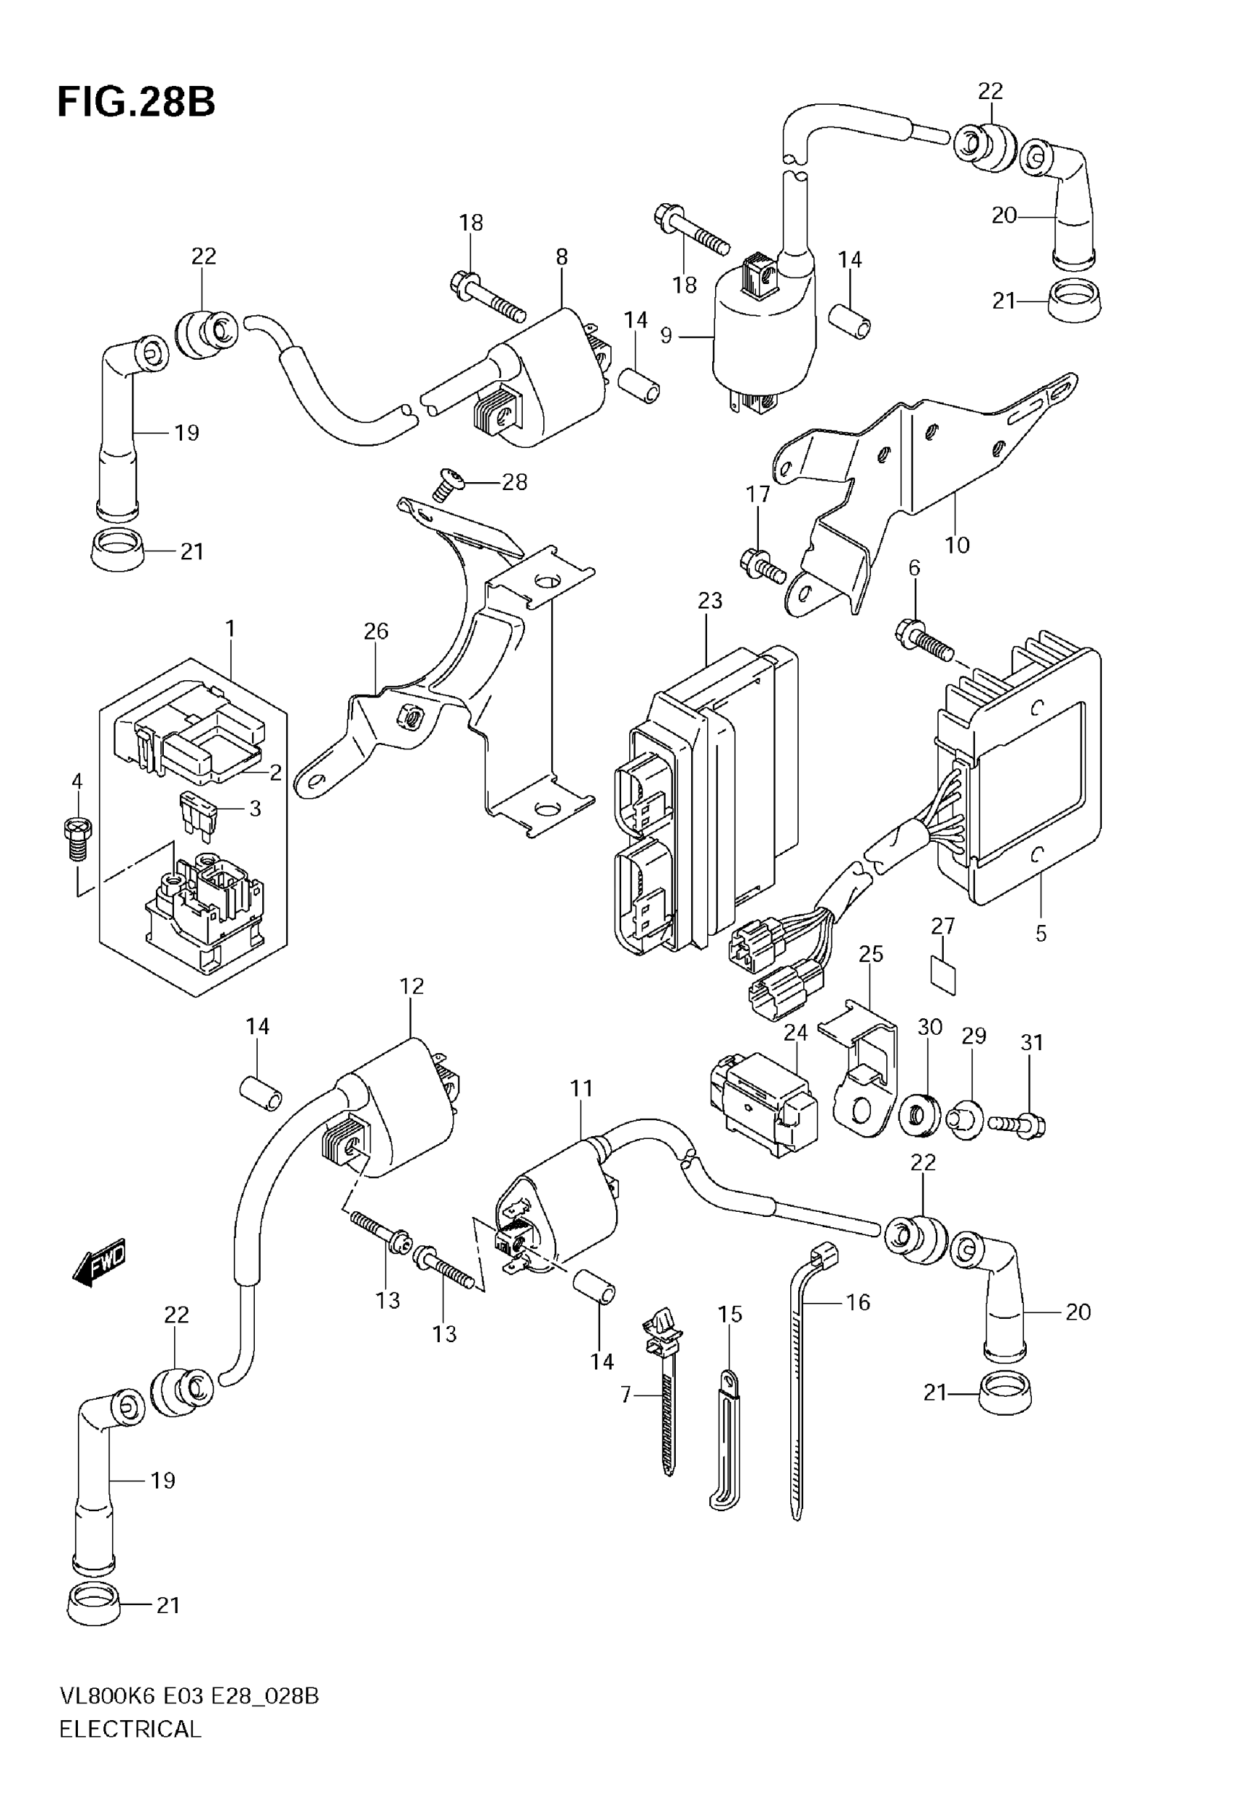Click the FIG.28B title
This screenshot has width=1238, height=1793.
pyautogui.click(x=136, y=101)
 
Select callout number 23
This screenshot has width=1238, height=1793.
pyautogui.click(x=710, y=601)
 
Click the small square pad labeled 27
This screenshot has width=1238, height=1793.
pyautogui.click(x=943, y=976)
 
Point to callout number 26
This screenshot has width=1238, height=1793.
pyautogui.click(x=376, y=631)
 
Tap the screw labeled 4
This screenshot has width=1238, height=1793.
pyautogui.click(x=78, y=839)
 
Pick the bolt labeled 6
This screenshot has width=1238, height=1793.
pyautogui.click(x=926, y=639)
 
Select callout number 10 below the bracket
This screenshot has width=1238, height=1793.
pyautogui.click(x=957, y=545)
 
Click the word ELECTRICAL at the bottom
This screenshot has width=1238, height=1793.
pyautogui.click(x=130, y=1729)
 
